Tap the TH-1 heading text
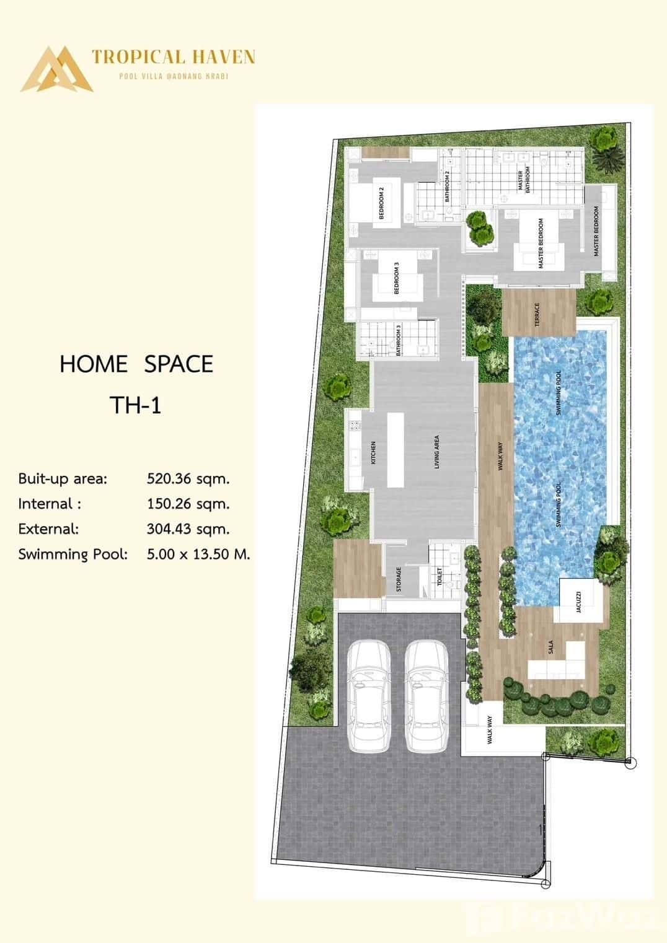pos(135,405)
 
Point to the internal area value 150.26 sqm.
pos(188,504)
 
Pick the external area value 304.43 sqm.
pos(188,529)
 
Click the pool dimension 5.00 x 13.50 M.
pos(198,554)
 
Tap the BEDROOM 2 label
pos(382,203)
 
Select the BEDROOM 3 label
pos(397,277)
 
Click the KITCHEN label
pos(373,452)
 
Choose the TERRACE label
pos(537,314)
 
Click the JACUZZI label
pos(578,601)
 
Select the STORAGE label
pos(399,579)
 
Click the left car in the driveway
pos(369,696)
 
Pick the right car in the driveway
pos(427,696)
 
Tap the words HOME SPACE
pos(136,364)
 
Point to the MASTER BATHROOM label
pos(524,180)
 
